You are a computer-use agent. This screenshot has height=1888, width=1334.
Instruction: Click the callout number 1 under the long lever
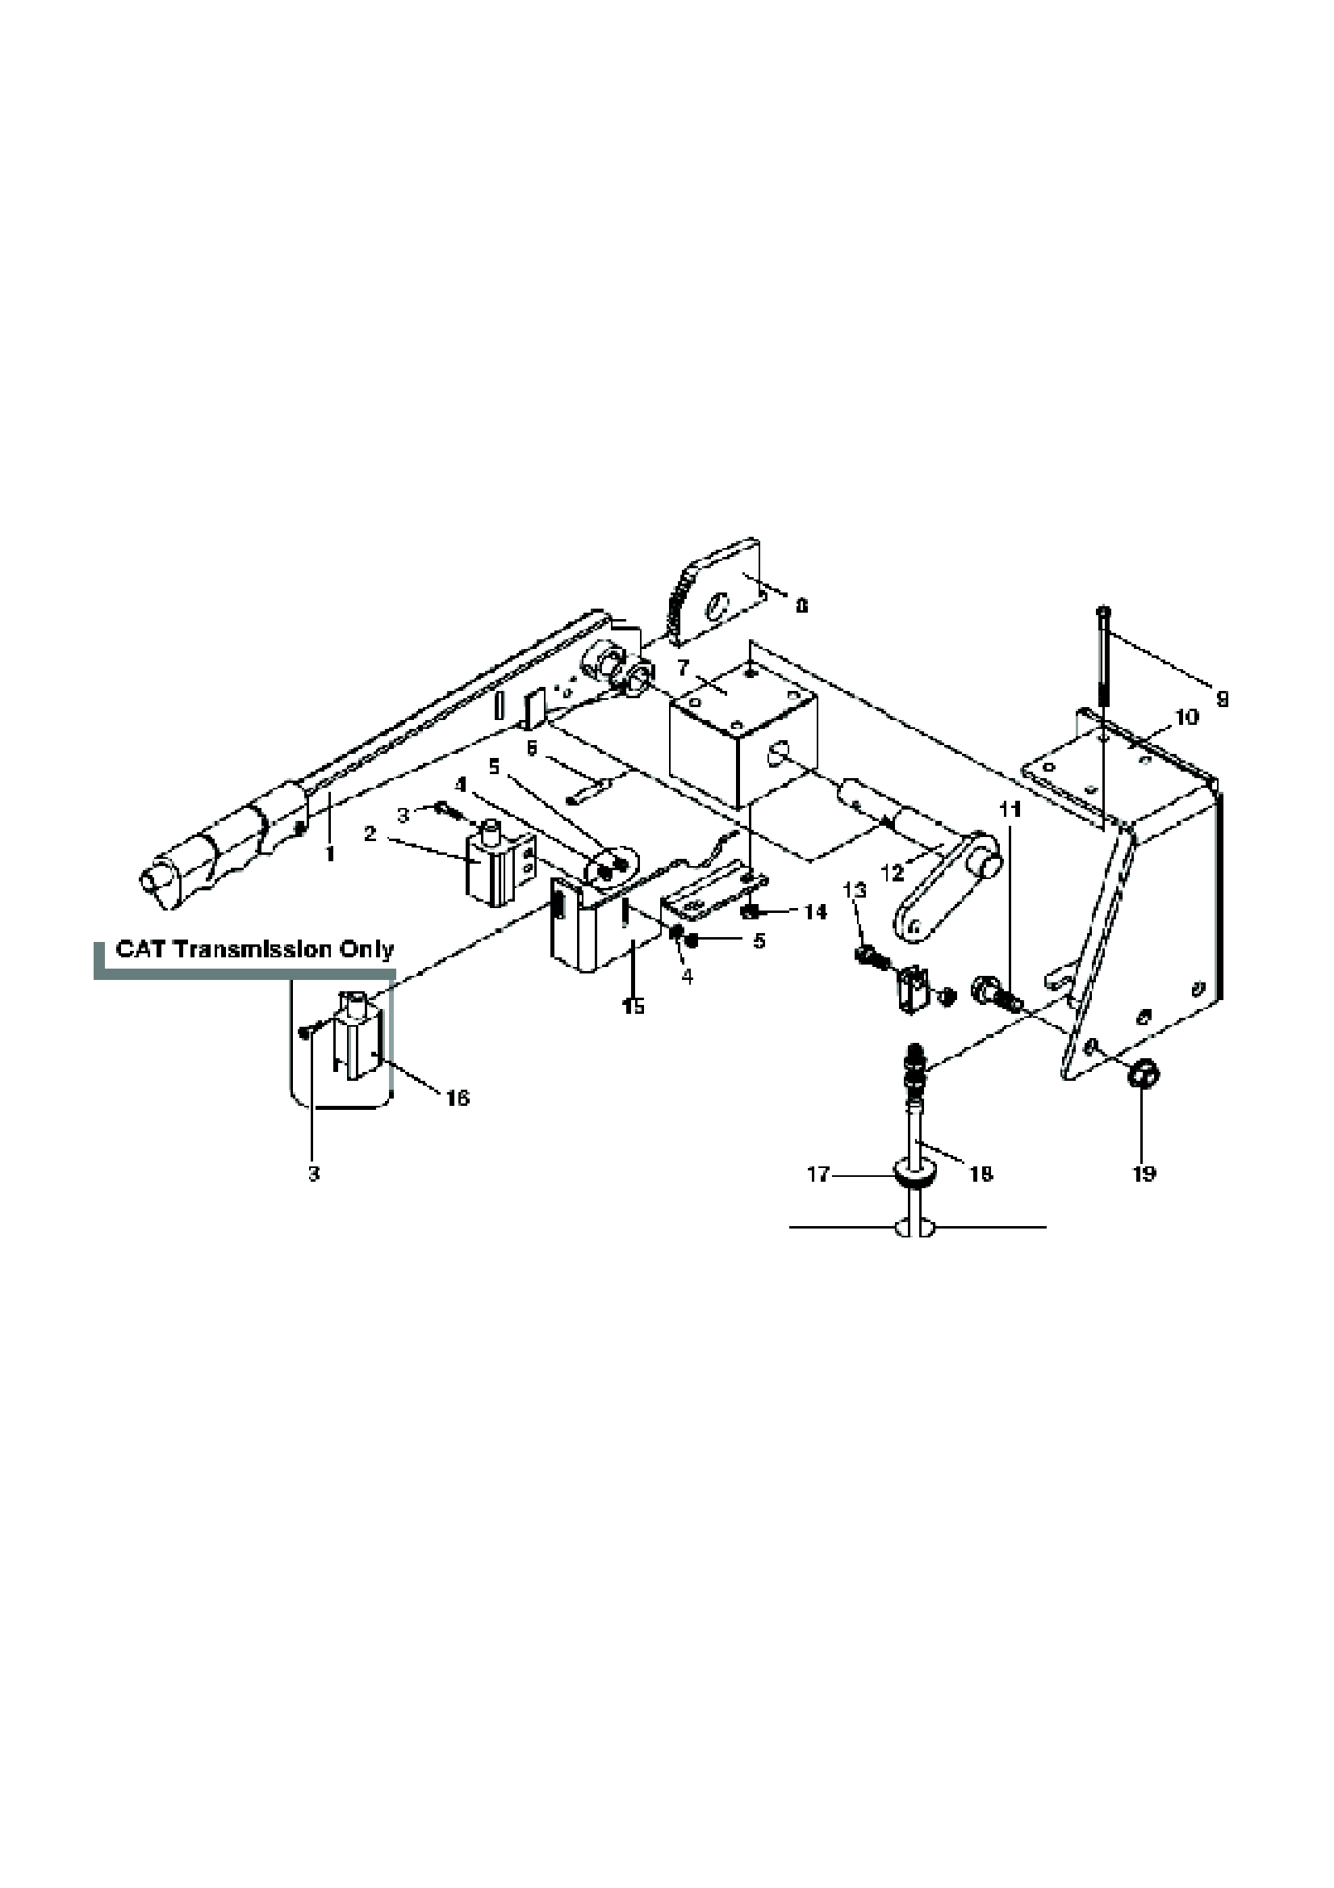click(x=329, y=855)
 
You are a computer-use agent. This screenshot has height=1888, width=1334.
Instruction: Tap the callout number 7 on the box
click(x=682, y=668)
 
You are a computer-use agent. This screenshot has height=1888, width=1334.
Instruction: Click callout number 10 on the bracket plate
click(x=1186, y=717)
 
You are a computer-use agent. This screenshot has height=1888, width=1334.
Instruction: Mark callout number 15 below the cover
click(x=633, y=1006)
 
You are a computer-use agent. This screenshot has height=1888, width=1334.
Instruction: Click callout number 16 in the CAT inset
click(x=458, y=1097)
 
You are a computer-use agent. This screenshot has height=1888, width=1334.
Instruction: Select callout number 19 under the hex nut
click(x=1144, y=1174)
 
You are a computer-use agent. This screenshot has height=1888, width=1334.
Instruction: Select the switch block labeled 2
click(x=493, y=868)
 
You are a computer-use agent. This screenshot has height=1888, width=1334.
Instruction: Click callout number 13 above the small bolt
click(x=855, y=890)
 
